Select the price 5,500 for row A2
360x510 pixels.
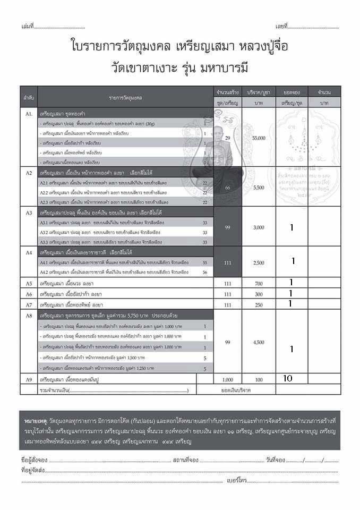pyautogui.click(x=258, y=188)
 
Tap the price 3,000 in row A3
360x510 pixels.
pyautogui.click(x=258, y=227)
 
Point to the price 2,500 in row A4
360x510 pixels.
pyautogui.click(x=258, y=262)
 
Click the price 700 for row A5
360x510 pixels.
pyautogui.click(x=258, y=283)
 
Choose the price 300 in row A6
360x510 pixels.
pyautogui.click(x=258, y=294)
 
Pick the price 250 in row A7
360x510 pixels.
pyautogui.click(x=258, y=304)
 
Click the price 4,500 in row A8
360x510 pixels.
pyautogui.click(x=258, y=342)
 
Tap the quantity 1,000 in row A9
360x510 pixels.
pyautogui.click(x=227, y=379)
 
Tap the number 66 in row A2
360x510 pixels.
pyautogui.click(x=227, y=188)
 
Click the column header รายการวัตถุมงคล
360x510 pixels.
pyautogui.click(x=126, y=97)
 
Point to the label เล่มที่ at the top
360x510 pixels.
pyautogui.click(x=28, y=26)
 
